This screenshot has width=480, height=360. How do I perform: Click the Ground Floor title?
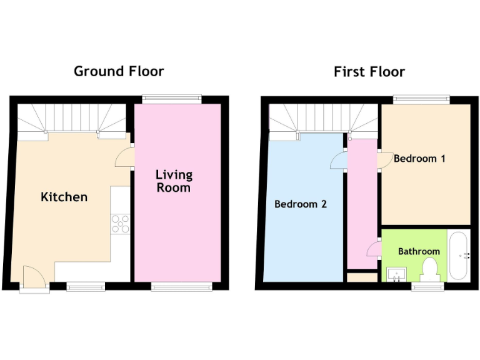119,71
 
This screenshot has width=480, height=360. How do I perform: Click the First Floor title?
369,72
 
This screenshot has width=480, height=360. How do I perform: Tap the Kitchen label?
64,197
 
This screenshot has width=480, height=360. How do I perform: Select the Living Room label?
174,181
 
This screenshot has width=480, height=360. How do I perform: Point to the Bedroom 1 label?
419,159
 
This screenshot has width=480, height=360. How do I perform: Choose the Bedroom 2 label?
300,204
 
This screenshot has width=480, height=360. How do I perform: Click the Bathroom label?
419,251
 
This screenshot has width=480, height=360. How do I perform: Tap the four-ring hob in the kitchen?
119,224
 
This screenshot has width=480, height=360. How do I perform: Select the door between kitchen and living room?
125,157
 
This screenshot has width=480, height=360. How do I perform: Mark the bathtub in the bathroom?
459,256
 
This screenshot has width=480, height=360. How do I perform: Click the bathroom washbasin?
396,274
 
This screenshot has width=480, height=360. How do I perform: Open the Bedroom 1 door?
384,161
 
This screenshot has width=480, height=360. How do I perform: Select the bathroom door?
374,248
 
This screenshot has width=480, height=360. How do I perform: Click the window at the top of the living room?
171,98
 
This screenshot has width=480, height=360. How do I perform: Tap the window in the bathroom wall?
427,286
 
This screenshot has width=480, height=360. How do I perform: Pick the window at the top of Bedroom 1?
421,98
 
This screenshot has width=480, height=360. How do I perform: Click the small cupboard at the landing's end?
362,277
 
